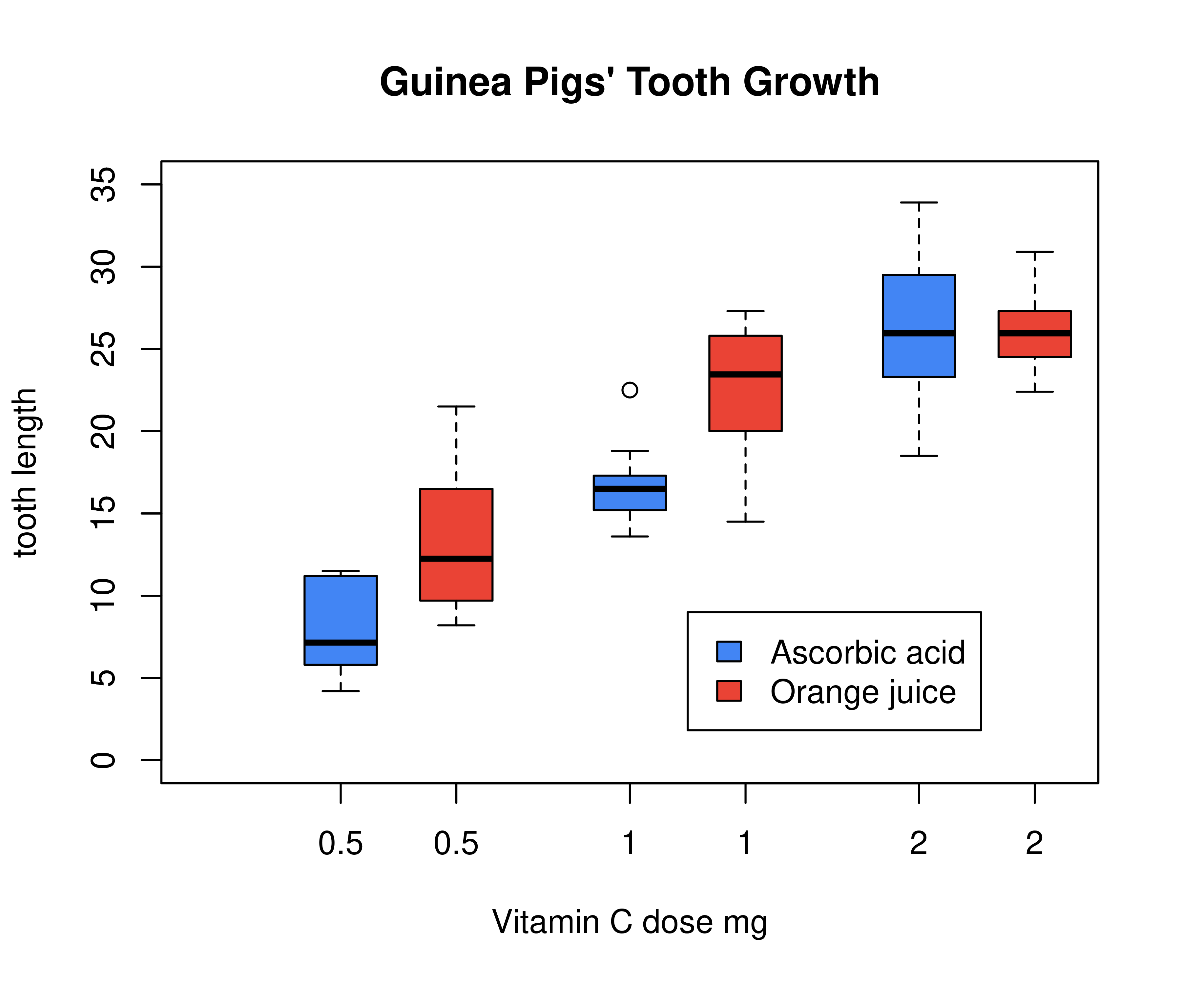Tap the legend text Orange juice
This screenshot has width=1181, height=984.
tap(863, 692)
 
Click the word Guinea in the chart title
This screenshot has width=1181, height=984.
tap(445, 83)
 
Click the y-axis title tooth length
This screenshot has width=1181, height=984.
tap(25, 472)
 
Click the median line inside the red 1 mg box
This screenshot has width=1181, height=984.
tap(745, 374)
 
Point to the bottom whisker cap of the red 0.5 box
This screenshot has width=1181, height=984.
tap(456, 625)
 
